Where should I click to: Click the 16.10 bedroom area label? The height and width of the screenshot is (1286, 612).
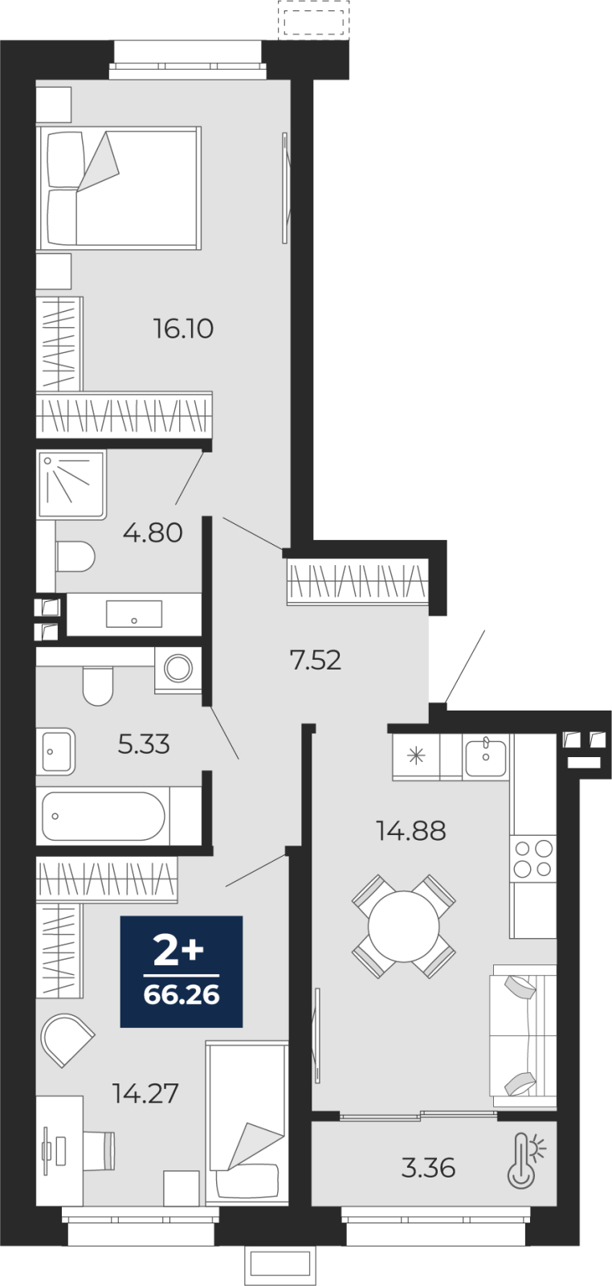[184, 329]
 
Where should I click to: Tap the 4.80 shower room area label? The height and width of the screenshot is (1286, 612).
[153, 533]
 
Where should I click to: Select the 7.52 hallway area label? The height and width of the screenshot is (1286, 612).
[316, 660]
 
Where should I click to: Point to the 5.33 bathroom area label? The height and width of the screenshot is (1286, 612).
[144, 744]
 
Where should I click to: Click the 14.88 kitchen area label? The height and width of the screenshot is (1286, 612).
[410, 831]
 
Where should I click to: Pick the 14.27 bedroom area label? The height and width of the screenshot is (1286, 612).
[145, 1094]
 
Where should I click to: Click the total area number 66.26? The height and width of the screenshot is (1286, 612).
[182, 995]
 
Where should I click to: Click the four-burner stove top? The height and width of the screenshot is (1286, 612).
[533, 858]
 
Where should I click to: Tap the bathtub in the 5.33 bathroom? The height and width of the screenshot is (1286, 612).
[104, 816]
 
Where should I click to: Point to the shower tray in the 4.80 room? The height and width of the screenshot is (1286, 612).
[71, 485]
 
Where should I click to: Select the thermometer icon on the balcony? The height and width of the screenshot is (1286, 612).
[525, 1160]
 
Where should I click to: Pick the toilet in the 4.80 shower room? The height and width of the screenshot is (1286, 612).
[75, 556]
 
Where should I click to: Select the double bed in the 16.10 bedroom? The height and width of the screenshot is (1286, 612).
[119, 188]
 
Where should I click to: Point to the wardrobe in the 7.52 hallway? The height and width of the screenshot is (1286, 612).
[358, 581]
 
